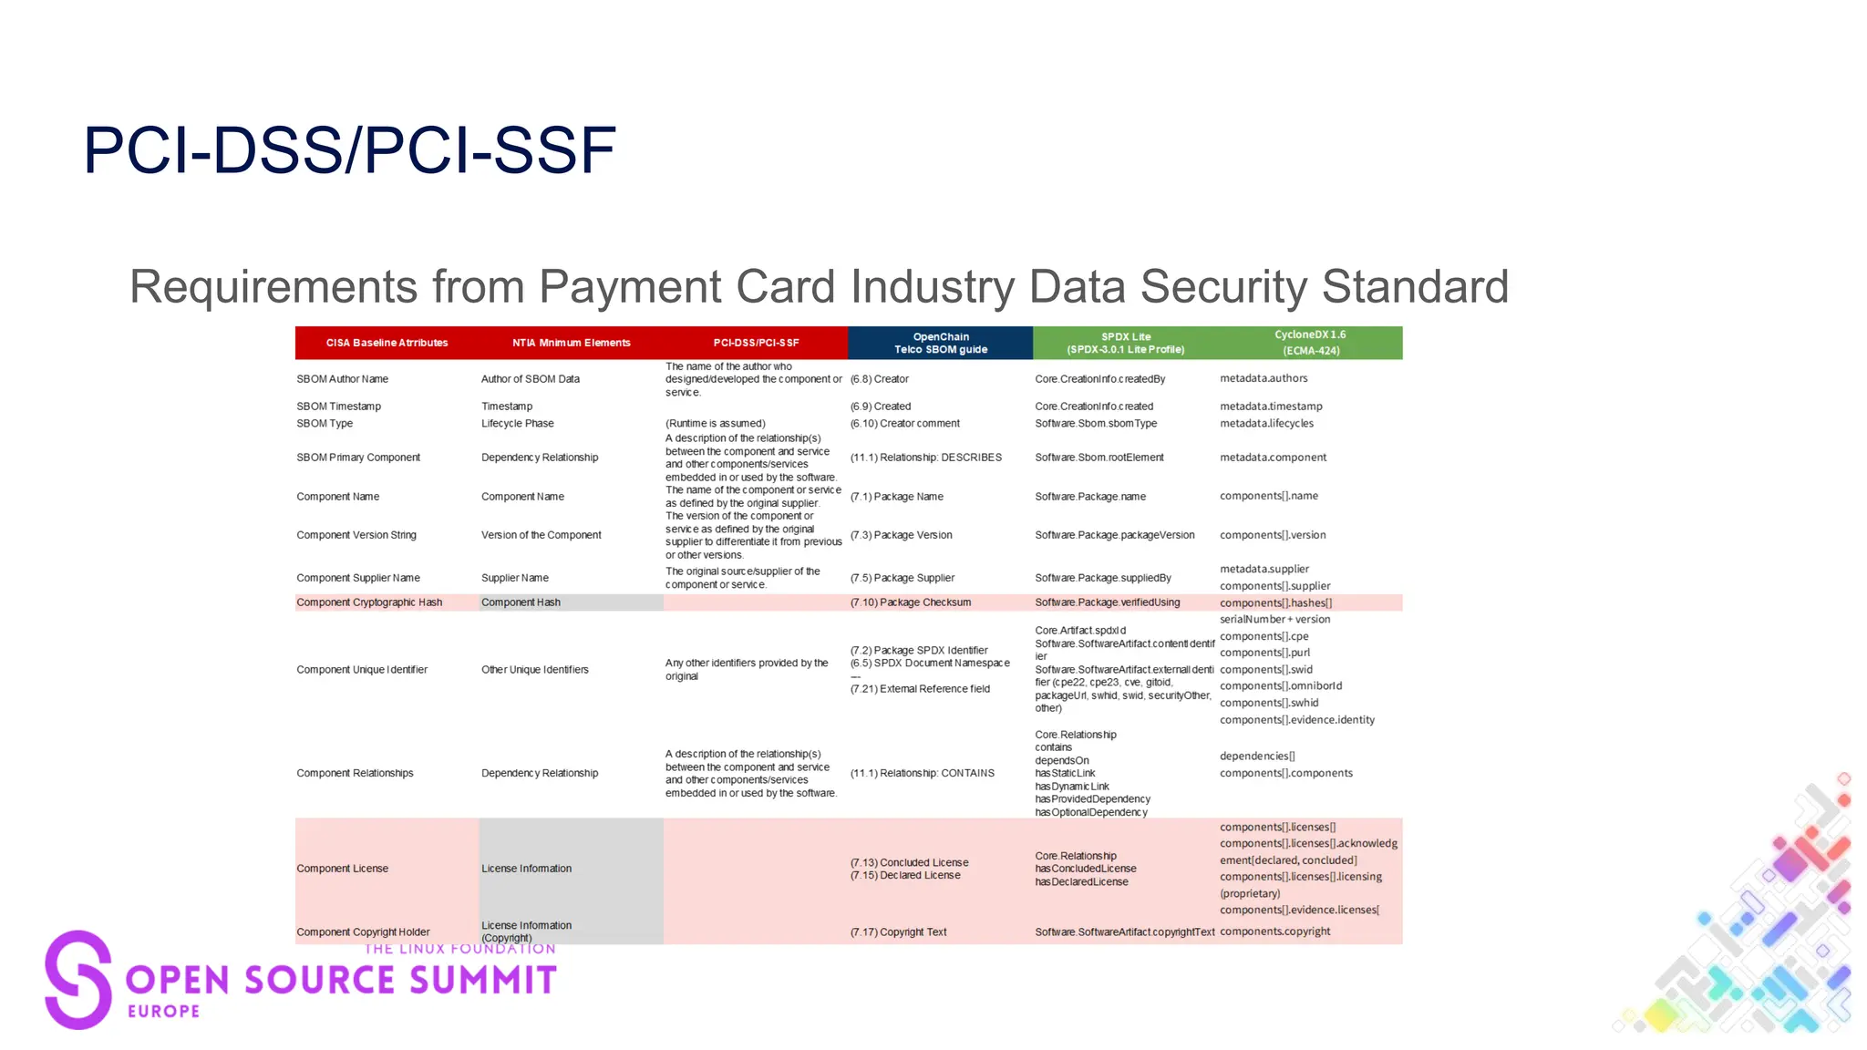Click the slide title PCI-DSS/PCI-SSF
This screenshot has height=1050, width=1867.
(349, 150)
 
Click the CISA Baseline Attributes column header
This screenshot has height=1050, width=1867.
(387, 343)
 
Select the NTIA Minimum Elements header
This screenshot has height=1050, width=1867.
(571, 343)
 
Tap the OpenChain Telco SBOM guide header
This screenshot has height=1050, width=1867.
(940, 343)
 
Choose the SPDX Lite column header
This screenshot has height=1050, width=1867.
(1126, 343)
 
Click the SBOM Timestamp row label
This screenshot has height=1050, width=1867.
(338, 407)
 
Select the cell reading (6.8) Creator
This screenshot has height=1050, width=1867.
(879, 379)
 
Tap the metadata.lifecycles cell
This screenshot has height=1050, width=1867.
(1266, 424)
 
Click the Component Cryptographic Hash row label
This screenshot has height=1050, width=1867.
(369, 602)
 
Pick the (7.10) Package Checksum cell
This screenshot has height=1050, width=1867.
(910, 602)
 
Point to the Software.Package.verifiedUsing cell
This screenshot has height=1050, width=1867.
(1107, 602)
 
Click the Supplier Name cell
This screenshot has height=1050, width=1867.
(515, 578)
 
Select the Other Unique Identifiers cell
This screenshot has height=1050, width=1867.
(534, 670)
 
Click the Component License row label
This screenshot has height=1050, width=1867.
(342, 869)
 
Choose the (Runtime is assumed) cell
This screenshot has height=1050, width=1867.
(715, 424)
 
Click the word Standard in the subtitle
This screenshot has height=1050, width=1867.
(1415, 287)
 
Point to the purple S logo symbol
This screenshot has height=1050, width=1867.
(77, 980)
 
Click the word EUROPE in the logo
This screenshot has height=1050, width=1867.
(164, 1011)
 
